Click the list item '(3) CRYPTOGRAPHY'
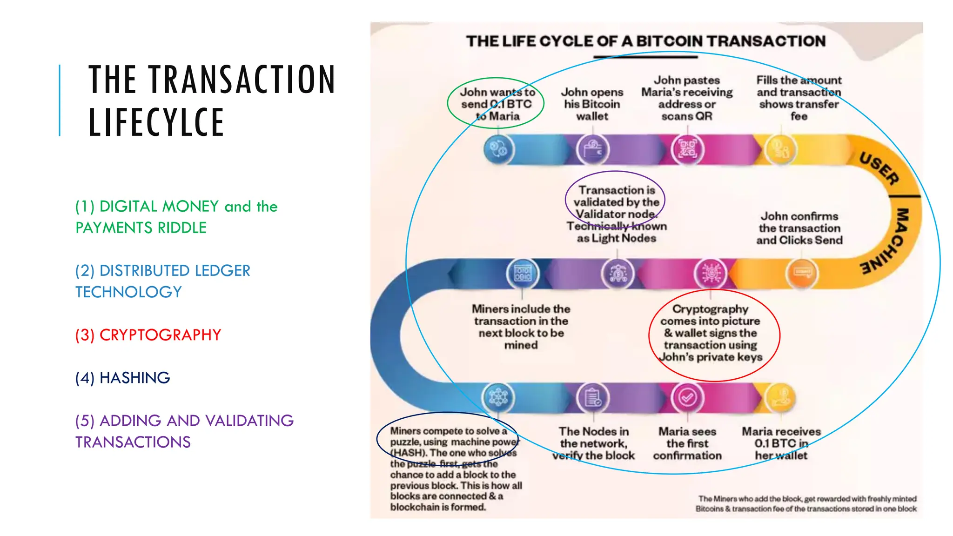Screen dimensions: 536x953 pyautogui.click(x=148, y=335)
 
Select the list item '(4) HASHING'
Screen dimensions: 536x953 pyautogui.click(x=123, y=378)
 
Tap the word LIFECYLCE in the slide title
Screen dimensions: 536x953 pyautogui.click(x=156, y=122)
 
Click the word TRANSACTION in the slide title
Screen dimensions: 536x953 pyautogui.click(x=242, y=80)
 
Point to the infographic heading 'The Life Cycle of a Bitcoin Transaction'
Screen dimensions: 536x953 pyautogui.click(x=646, y=41)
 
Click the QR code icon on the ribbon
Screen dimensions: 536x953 pyautogui.click(x=687, y=149)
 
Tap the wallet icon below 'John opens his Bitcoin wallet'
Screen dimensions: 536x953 pyautogui.click(x=592, y=150)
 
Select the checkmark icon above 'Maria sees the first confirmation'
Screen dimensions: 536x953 pyautogui.click(x=687, y=397)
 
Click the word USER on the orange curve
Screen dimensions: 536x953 pyautogui.click(x=879, y=168)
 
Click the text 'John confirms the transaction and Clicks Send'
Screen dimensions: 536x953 pyautogui.click(x=799, y=228)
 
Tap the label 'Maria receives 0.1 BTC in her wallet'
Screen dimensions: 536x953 pyautogui.click(x=781, y=443)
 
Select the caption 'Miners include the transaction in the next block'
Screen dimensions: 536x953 pyautogui.click(x=521, y=327)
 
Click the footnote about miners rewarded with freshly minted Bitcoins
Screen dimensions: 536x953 pyautogui.click(x=806, y=503)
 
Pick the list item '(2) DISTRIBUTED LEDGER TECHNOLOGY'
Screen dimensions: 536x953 pyautogui.click(x=163, y=281)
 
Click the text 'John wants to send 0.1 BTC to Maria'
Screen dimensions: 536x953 pyautogui.click(x=497, y=104)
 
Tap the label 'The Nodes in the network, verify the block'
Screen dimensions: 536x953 pyautogui.click(x=593, y=443)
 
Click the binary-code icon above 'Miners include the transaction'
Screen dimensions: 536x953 pyautogui.click(x=522, y=273)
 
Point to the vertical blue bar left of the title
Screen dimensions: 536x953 pyautogui.click(x=60, y=100)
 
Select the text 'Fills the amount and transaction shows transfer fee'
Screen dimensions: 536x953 pyautogui.click(x=799, y=98)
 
